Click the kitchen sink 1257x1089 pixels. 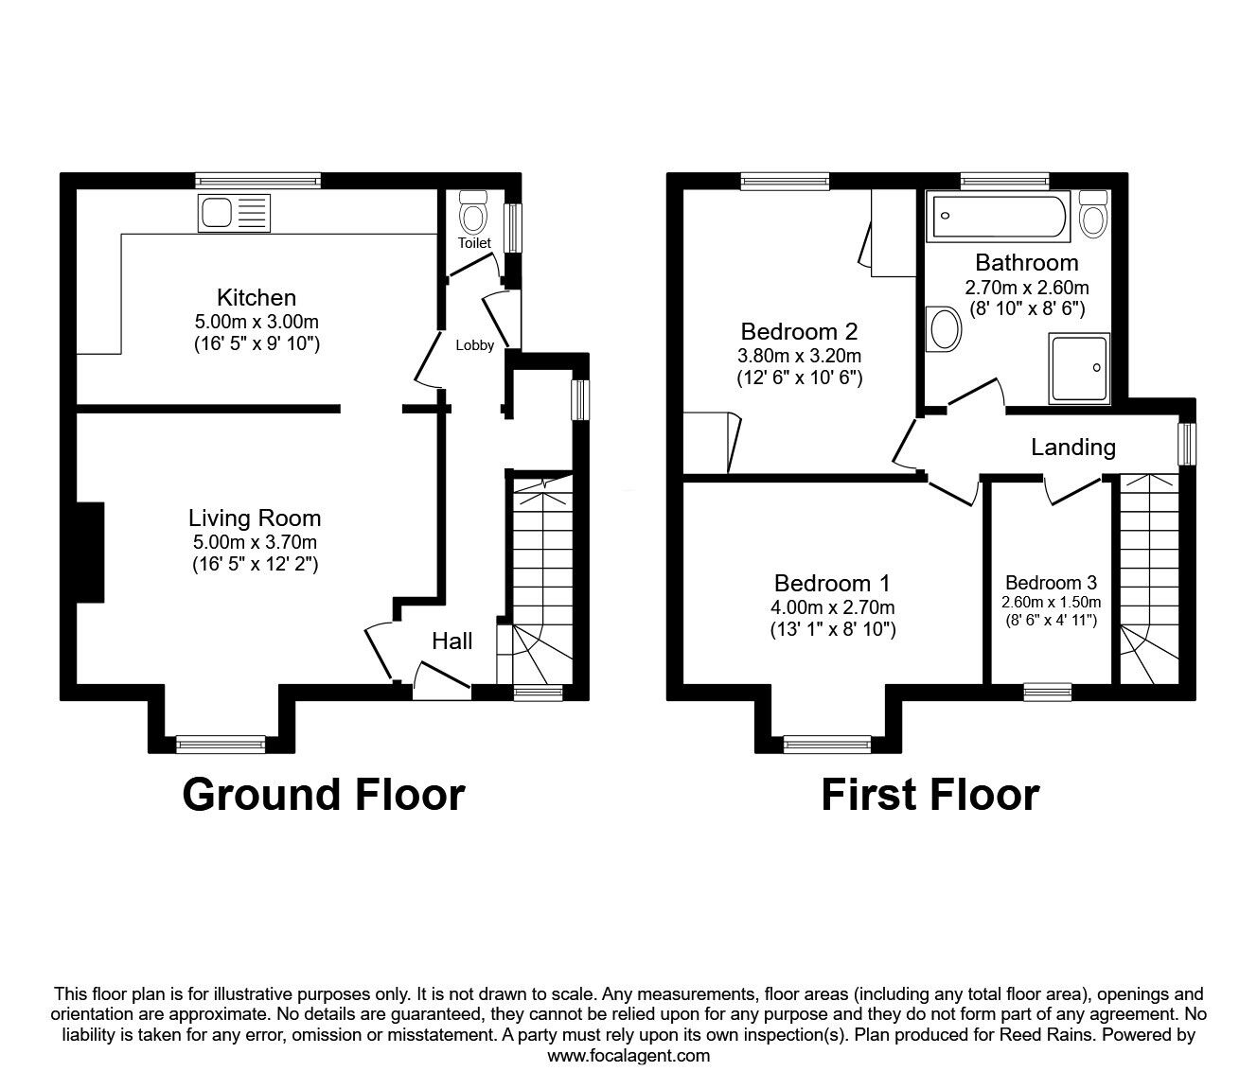click(x=234, y=213)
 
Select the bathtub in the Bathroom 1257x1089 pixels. click(x=998, y=216)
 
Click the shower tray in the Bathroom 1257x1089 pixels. click(x=1079, y=368)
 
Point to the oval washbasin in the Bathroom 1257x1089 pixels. click(x=943, y=329)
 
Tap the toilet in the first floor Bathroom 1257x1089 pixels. click(x=1093, y=213)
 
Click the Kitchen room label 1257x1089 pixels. click(x=257, y=297)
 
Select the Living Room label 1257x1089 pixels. click(x=255, y=518)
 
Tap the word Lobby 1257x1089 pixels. click(x=475, y=345)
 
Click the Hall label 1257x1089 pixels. click(x=451, y=641)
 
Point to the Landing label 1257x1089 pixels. click(x=1073, y=448)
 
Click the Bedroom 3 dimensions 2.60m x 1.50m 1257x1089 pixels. click(x=1052, y=603)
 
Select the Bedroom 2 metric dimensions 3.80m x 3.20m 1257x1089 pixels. click(x=799, y=355)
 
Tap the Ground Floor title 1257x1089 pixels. click(x=324, y=796)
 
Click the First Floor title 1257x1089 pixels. click(x=930, y=796)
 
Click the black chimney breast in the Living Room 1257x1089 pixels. click(x=90, y=553)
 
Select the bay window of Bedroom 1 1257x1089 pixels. click(x=827, y=744)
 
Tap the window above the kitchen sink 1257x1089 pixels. click(x=257, y=180)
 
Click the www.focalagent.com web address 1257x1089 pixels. click(x=628, y=1056)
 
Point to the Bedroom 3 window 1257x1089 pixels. click(x=1047, y=692)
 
